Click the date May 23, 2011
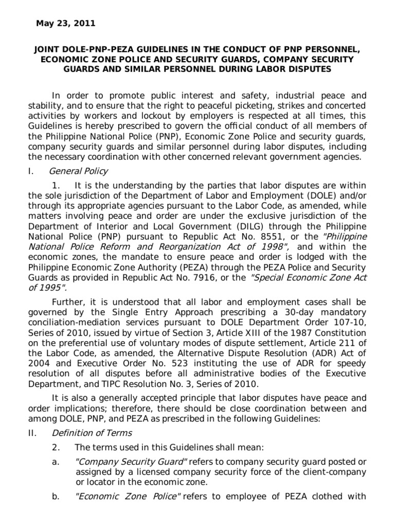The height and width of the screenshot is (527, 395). pyautogui.click(x=65, y=23)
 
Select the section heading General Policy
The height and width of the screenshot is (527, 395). pyautogui.click(x=78, y=171)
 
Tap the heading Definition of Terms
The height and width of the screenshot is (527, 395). pyautogui.click(x=91, y=433)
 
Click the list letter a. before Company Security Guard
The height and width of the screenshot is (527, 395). pyautogui.click(x=56, y=462)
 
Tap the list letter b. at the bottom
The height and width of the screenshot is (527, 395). pyautogui.click(x=56, y=497)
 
